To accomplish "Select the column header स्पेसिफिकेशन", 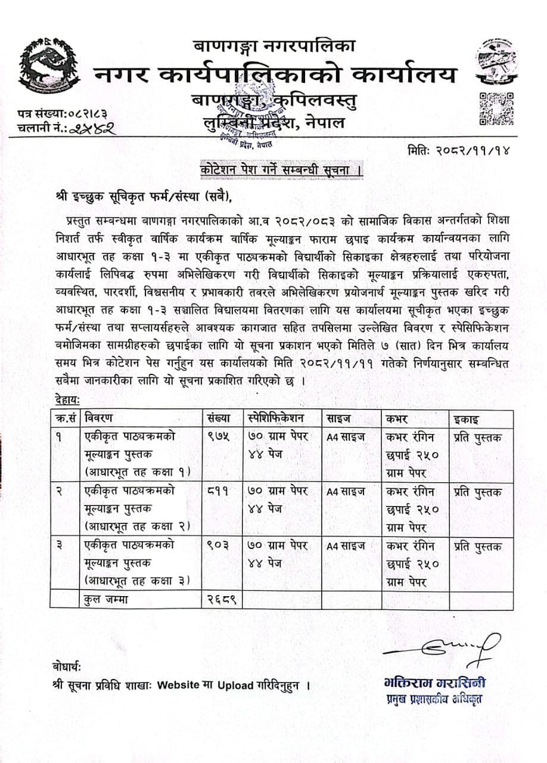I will tap(276, 417).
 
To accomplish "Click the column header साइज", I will tap(340, 417).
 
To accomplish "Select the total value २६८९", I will tap(221, 600).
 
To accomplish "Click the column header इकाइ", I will tap(466, 417).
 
